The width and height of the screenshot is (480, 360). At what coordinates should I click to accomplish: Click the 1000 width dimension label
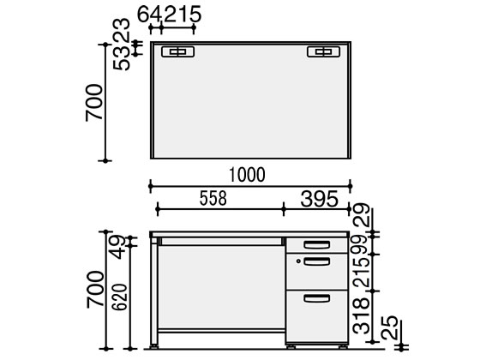247,175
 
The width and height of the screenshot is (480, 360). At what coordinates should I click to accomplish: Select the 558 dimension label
213,198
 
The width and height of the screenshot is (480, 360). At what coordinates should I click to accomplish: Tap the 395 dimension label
319,199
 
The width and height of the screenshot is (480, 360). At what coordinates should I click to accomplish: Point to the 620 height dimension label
119,297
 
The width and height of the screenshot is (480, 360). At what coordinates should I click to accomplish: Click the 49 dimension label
118,248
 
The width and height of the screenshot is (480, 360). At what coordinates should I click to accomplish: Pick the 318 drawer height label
361,316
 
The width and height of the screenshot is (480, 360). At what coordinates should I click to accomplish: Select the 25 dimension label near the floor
389,327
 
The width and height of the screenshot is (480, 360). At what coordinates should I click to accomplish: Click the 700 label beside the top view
94,103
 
